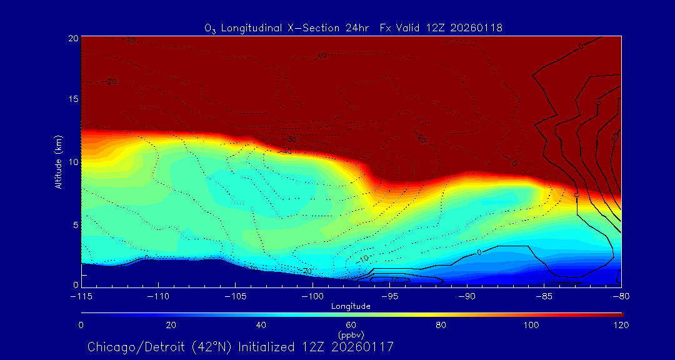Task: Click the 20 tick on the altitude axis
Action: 73,39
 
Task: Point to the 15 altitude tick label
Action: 73,99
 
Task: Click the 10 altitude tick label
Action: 73,162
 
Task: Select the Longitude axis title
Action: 351,306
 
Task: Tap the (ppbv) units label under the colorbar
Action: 351,334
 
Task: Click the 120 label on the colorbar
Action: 621,325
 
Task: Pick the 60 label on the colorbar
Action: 351,325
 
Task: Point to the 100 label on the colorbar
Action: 531,325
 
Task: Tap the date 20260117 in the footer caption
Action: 363,346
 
